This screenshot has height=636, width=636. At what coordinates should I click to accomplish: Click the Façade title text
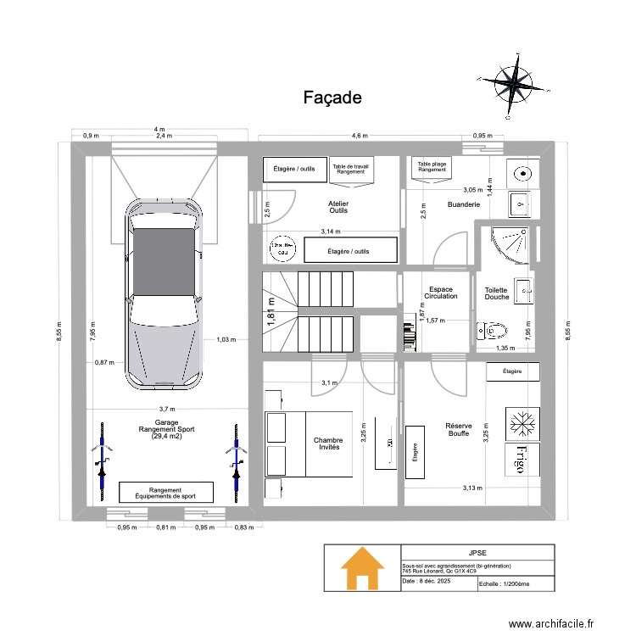(332, 98)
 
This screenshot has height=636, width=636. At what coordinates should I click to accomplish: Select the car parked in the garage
(165, 293)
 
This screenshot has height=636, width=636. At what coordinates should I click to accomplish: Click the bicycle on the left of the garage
(102, 462)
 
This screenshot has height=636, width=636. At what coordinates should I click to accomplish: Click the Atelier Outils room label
(338, 207)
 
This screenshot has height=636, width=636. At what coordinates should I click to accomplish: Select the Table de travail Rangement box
(350, 169)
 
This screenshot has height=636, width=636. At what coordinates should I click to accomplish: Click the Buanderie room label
(463, 204)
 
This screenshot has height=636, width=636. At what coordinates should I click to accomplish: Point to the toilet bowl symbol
(493, 330)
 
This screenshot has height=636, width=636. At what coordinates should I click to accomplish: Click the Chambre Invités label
(327, 444)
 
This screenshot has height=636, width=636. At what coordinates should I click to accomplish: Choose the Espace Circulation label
(442, 293)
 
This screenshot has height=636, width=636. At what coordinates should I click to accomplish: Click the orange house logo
(361, 568)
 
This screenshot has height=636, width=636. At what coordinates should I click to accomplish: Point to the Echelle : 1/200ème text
(504, 583)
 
